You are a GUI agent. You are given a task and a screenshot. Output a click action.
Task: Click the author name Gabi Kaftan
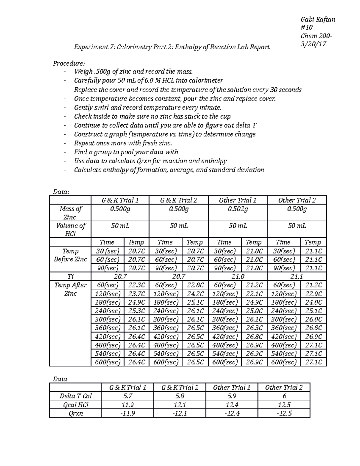[x=318, y=20]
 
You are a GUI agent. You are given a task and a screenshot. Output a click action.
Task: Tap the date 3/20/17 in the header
[x=313, y=44]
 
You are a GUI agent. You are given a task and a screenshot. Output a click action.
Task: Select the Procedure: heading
[x=69, y=63]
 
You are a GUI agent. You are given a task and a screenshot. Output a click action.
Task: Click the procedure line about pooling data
[x=126, y=152]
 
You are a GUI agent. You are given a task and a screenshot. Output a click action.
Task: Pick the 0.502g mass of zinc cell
[x=237, y=209]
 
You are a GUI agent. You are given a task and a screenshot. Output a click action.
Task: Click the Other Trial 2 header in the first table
[x=297, y=200]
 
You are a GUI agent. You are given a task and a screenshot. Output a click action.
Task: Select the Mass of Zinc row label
[x=70, y=213]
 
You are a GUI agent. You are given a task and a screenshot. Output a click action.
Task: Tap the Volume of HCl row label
[x=70, y=230]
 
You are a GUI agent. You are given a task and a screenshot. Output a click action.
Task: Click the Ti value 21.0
[x=237, y=276]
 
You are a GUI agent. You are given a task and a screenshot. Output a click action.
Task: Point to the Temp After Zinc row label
[x=70, y=289]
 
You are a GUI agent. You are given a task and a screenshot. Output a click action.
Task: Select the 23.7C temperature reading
[x=136, y=294]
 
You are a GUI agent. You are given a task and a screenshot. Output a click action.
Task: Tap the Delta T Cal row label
[x=75, y=396]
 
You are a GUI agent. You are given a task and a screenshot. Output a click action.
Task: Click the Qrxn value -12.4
[x=232, y=413]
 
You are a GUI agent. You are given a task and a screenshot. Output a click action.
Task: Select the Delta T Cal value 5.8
[x=179, y=396]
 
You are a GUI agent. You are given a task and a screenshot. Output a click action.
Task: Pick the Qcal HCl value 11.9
[x=127, y=405]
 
